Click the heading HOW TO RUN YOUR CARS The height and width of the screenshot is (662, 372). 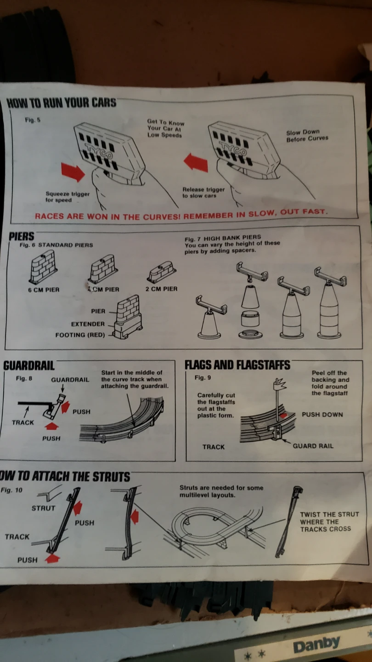point(62,103)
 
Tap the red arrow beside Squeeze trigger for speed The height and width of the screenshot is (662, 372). point(73,172)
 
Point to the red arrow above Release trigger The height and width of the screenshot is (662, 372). point(196,162)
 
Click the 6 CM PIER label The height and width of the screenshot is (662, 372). point(44,290)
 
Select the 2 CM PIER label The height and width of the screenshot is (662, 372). point(162,289)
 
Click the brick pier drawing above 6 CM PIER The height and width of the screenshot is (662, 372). point(43,267)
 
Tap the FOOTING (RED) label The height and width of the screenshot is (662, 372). point(80,335)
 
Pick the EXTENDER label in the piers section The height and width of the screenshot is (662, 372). point(88,324)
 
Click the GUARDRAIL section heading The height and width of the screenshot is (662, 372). point(29,365)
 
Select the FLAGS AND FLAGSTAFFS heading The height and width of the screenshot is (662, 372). point(237,365)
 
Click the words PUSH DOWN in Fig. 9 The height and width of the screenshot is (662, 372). point(322,415)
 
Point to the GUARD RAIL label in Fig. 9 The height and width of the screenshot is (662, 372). point(313,446)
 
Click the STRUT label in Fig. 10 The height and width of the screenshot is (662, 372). point(43,508)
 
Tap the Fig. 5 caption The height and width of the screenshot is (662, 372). point(33,120)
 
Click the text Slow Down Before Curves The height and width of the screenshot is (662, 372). point(307,135)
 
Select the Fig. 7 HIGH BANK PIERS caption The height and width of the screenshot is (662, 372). point(223,238)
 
